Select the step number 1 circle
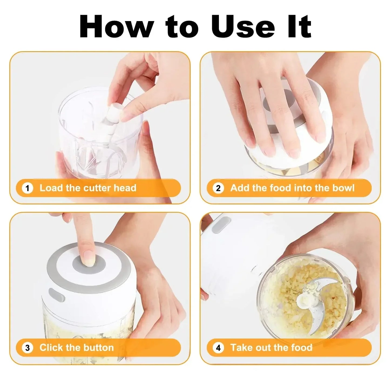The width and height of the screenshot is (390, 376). [x=27, y=188]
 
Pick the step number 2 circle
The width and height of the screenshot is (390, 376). [x=218, y=188]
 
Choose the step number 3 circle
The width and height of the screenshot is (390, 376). [x=27, y=348]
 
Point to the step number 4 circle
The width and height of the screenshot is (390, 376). [x=218, y=348]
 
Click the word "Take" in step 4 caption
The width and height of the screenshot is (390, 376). [x=241, y=347]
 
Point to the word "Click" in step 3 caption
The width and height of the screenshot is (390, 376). [x=51, y=347]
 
